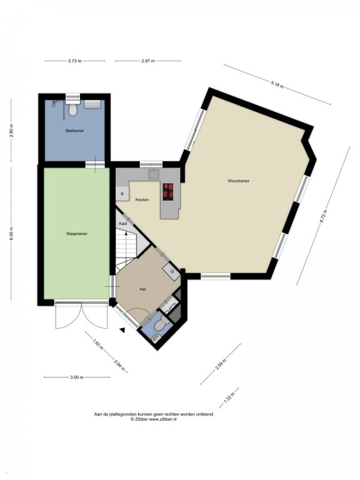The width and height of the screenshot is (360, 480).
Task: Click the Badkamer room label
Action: pyautogui.click(x=74, y=131)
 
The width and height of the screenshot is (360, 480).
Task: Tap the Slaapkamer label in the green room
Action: pyautogui.click(x=76, y=234)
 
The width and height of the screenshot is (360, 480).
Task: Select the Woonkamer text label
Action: pyautogui.click(x=239, y=181)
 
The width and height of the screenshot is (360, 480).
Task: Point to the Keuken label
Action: pyautogui.click(x=142, y=199)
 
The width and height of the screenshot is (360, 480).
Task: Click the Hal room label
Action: pyautogui.click(x=142, y=289)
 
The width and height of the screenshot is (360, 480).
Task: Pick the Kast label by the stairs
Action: pyautogui.click(x=123, y=224)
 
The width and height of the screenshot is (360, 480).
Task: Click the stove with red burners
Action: pyautogui.click(x=167, y=192)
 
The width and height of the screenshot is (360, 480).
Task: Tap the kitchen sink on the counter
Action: pyautogui.click(x=154, y=175)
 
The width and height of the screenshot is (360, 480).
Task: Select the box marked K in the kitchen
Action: pyautogui.click(x=122, y=194)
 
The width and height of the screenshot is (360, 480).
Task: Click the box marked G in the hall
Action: pyautogui.click(x=172, y=271)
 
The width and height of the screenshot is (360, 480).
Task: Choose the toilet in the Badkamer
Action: pyautogui.click(x=73, y=109)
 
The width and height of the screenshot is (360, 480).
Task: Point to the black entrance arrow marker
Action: pyautogui.click(x=122, y=330)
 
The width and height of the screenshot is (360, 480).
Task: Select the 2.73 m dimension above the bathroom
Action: pyautogui.click(x=75, y=61)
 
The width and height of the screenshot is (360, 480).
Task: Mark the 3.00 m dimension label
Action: pyautogui.click(x=76, y=377)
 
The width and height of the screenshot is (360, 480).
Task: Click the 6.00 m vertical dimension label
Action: pyautogui.click(x=11, y=234)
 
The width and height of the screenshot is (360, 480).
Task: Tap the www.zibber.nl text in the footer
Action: pyautogui.click(x=162, y=419)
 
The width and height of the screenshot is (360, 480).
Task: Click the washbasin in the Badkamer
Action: pyautogui.click(x=92, y=104)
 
